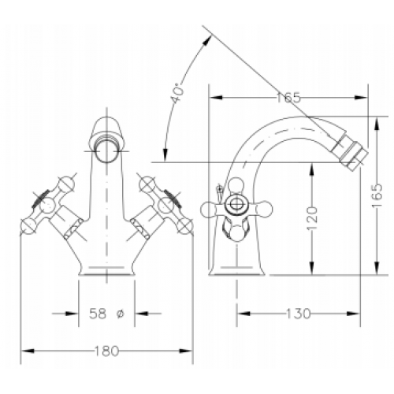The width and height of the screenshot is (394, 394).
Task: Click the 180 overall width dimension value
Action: coord(106,351)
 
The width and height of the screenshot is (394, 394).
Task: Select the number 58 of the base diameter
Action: coord(98,314)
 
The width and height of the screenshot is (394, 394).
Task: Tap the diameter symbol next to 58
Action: coord(120,314)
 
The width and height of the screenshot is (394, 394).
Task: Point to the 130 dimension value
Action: coord(298,314)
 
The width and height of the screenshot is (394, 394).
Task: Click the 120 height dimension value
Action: coord(312,218)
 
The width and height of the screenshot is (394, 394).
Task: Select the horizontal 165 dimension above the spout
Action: coord(288,98)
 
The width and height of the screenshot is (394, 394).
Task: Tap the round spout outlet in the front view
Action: coord(106,151)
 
